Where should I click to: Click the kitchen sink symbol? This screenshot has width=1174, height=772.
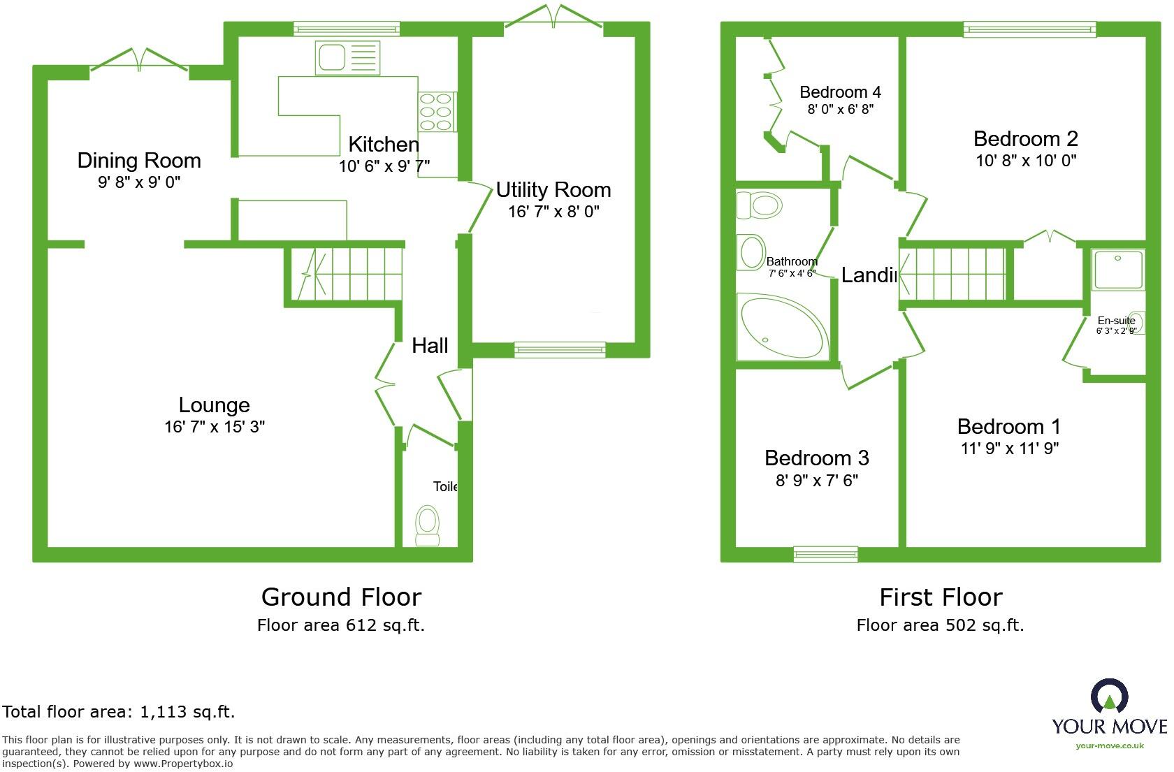tap(347, 57)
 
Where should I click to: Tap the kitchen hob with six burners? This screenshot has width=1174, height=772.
tap(437, 112)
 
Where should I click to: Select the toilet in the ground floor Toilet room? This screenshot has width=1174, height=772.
tap(427, 525)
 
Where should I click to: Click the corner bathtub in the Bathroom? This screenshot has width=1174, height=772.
tap(781, 327)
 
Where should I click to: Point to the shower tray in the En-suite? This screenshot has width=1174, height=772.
tap(1118, 270)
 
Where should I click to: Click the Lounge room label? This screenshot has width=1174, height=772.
tap(214, 405)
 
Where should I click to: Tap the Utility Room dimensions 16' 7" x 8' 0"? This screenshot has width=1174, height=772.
tap(553, 212)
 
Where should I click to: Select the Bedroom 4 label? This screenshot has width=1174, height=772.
tap(840, 92)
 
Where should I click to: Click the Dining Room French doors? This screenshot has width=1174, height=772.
tap(139, 60)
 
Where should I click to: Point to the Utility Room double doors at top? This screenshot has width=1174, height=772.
tap(554, 17)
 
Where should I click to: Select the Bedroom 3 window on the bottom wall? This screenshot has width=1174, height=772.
tap(825, 554)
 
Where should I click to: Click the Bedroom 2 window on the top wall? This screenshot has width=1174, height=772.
tap(1029, 29)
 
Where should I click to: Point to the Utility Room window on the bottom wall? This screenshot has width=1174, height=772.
tap(560, 350)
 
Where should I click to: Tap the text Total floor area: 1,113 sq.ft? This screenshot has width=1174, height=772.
tap(119, 712)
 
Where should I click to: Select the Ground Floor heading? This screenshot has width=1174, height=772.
tap(341, 597)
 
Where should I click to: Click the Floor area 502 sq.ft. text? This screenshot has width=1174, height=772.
tap(940, 625)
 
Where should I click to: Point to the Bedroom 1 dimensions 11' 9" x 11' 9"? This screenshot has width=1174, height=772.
tap(1009, 449)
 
